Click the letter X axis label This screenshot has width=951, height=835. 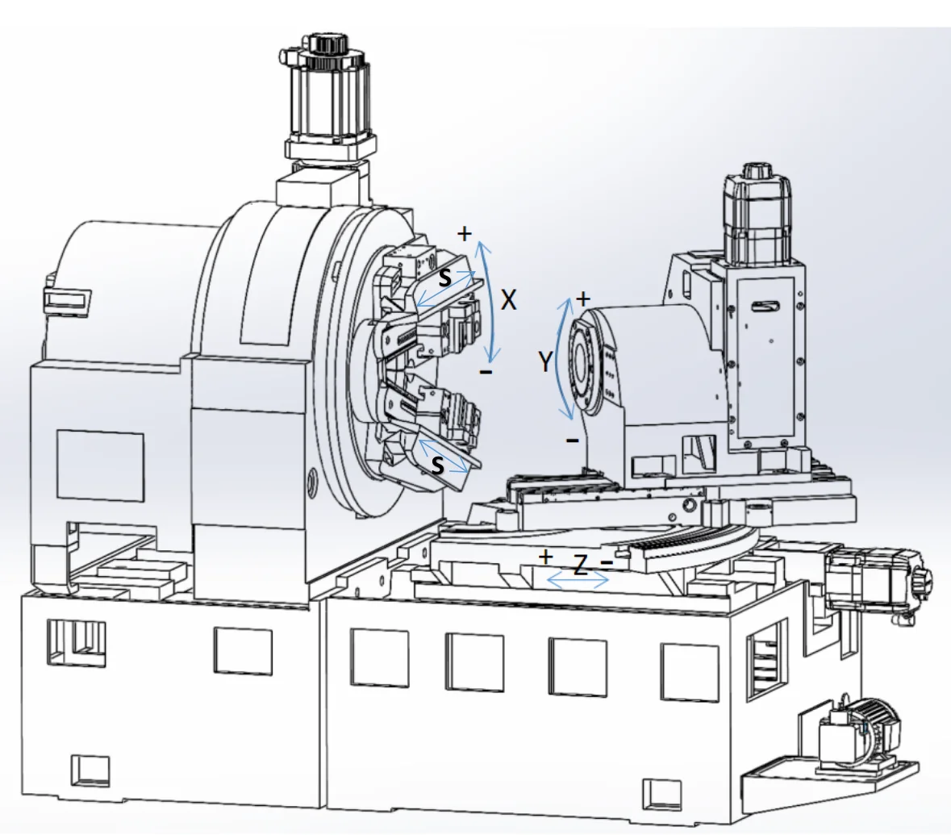509,300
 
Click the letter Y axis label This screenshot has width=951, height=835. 546,361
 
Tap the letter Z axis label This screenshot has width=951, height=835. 581,566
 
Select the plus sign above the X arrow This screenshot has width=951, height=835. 464,233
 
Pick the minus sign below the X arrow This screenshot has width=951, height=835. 486,371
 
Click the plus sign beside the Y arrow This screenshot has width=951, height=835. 583,299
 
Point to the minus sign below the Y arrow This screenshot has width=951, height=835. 572,440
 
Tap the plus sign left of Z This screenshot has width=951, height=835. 546,557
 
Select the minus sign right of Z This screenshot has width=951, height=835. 607,562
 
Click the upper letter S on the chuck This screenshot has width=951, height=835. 444,278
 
